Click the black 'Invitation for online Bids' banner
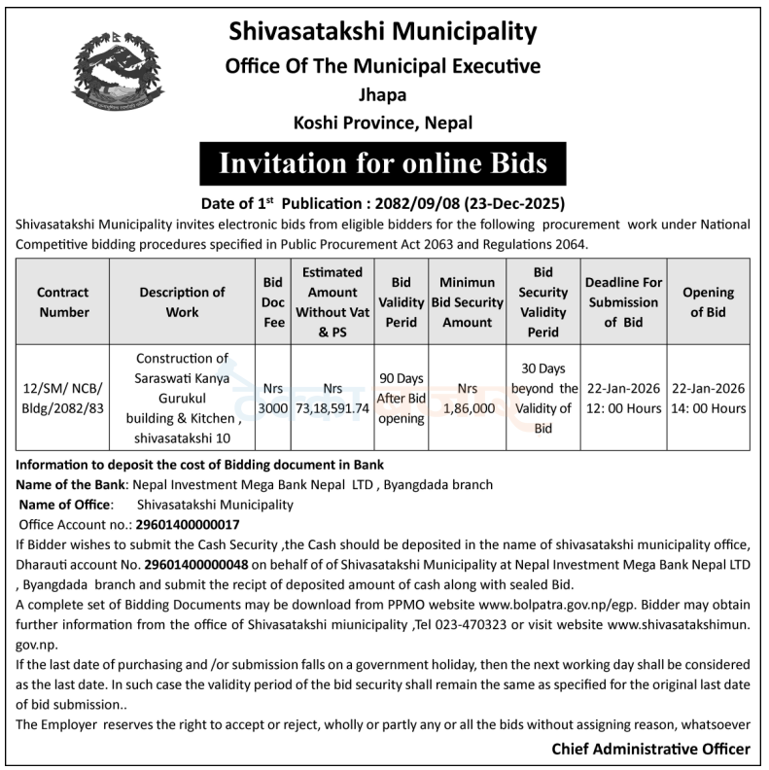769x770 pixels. click(383, 161)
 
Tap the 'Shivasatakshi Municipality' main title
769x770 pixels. click(383, 32)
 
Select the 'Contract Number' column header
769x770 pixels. click(63, 301)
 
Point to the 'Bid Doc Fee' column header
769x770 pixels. click(273, 301)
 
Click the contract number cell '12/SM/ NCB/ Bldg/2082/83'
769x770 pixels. click(63, 398)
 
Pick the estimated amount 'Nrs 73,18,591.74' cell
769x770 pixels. click(332, 398)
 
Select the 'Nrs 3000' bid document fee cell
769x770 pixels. click(273, 398)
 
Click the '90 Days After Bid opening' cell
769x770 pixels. click(402, 398)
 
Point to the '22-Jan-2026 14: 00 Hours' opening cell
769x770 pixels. click(708, 398)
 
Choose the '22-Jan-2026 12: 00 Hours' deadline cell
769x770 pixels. click(623, 398)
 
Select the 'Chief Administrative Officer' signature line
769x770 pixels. click(650, 749)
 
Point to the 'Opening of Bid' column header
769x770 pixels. click(708, 301)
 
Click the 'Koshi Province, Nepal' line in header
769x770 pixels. click(383, 122)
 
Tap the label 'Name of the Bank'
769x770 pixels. click(72, 484)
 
